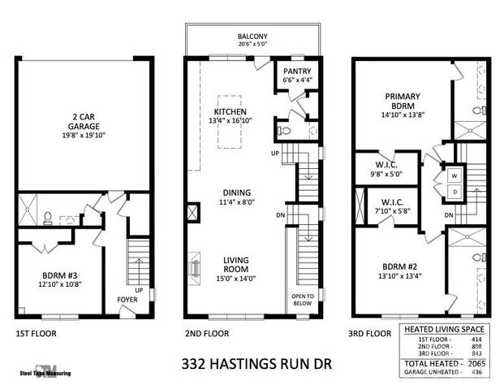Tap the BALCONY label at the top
coord(252,37)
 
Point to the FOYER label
coord(127,299)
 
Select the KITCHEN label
coord(230,111)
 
